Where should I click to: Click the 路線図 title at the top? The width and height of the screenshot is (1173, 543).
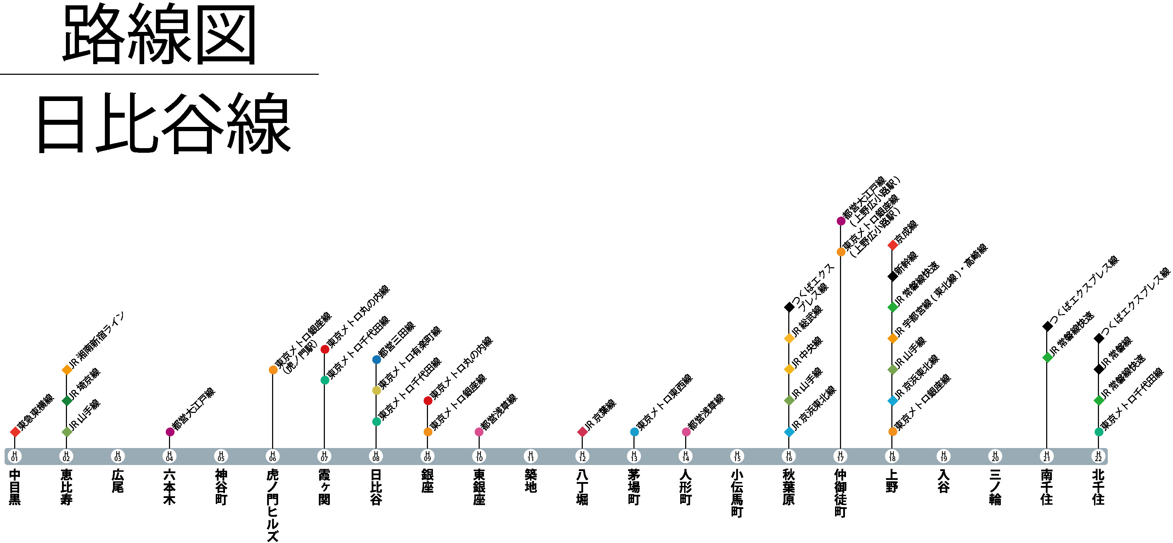159,35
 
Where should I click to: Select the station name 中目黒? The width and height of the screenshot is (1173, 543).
15,487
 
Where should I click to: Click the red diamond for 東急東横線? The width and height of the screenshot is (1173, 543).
15,431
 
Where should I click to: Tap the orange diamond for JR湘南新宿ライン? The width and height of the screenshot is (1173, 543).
67,369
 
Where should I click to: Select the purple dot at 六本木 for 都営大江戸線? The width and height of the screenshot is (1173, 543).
170,431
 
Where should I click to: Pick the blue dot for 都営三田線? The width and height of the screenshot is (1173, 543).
376,359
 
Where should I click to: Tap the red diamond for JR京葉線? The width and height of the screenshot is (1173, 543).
582,431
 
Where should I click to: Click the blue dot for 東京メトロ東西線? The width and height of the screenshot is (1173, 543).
634,431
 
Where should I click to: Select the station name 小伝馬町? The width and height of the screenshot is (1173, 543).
737,493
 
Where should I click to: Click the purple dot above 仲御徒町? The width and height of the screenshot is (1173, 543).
841,221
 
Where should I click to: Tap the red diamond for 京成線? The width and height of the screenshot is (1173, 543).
892,245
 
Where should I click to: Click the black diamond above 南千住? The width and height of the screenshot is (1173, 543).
1047,326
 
